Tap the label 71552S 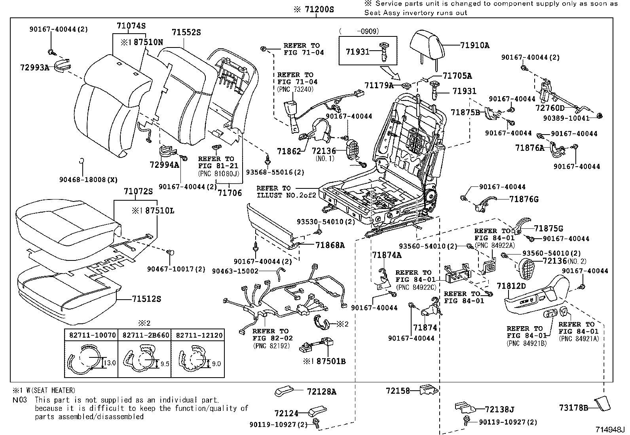pos(186,32)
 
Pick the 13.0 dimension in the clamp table pos(111,363)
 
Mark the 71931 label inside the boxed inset pos(357,52)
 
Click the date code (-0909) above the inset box pos(359,31)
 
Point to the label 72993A pos(34,68)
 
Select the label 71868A pos(330,245)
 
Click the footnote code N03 pos(20,400)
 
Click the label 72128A pos(321,392)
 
